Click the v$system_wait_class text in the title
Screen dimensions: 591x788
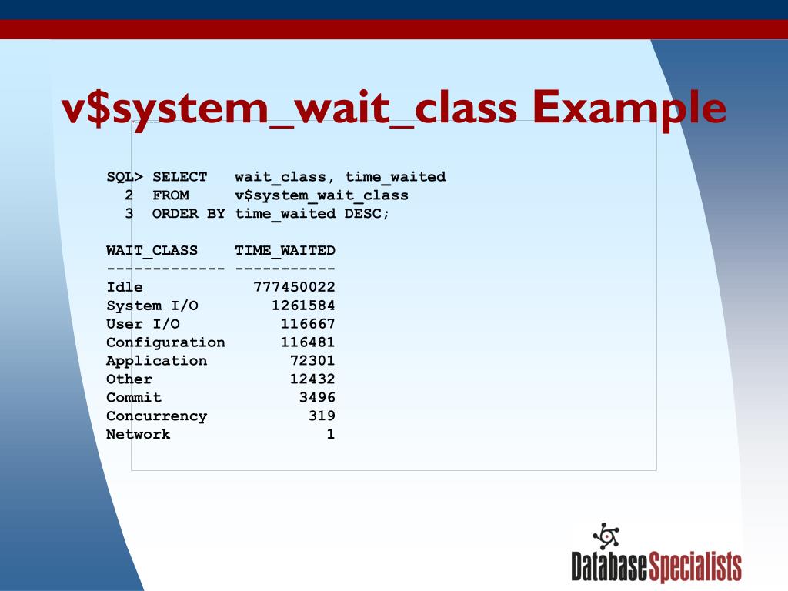point(289,109)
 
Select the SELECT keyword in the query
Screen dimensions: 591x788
point(179,177)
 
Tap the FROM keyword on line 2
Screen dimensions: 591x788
point(170,195)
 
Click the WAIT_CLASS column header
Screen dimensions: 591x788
point(152,251)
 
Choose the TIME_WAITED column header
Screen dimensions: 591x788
point(285,251)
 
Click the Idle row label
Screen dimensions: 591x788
point(124,287)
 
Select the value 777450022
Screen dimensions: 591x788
point(294,287)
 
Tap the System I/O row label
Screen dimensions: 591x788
point(152,306)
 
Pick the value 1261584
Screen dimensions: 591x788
point(303,306)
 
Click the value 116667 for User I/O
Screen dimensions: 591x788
point(308,324)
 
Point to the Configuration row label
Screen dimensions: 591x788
point(165,342)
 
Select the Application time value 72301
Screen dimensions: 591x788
point(312,361)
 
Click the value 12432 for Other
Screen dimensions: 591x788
point(312,379)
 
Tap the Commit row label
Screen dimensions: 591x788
point(134,398)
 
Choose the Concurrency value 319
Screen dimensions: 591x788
point(322,416)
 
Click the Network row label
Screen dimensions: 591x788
point(138,435)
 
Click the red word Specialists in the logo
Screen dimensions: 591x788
point(696,567)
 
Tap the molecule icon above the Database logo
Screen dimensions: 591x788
point(606,536)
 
